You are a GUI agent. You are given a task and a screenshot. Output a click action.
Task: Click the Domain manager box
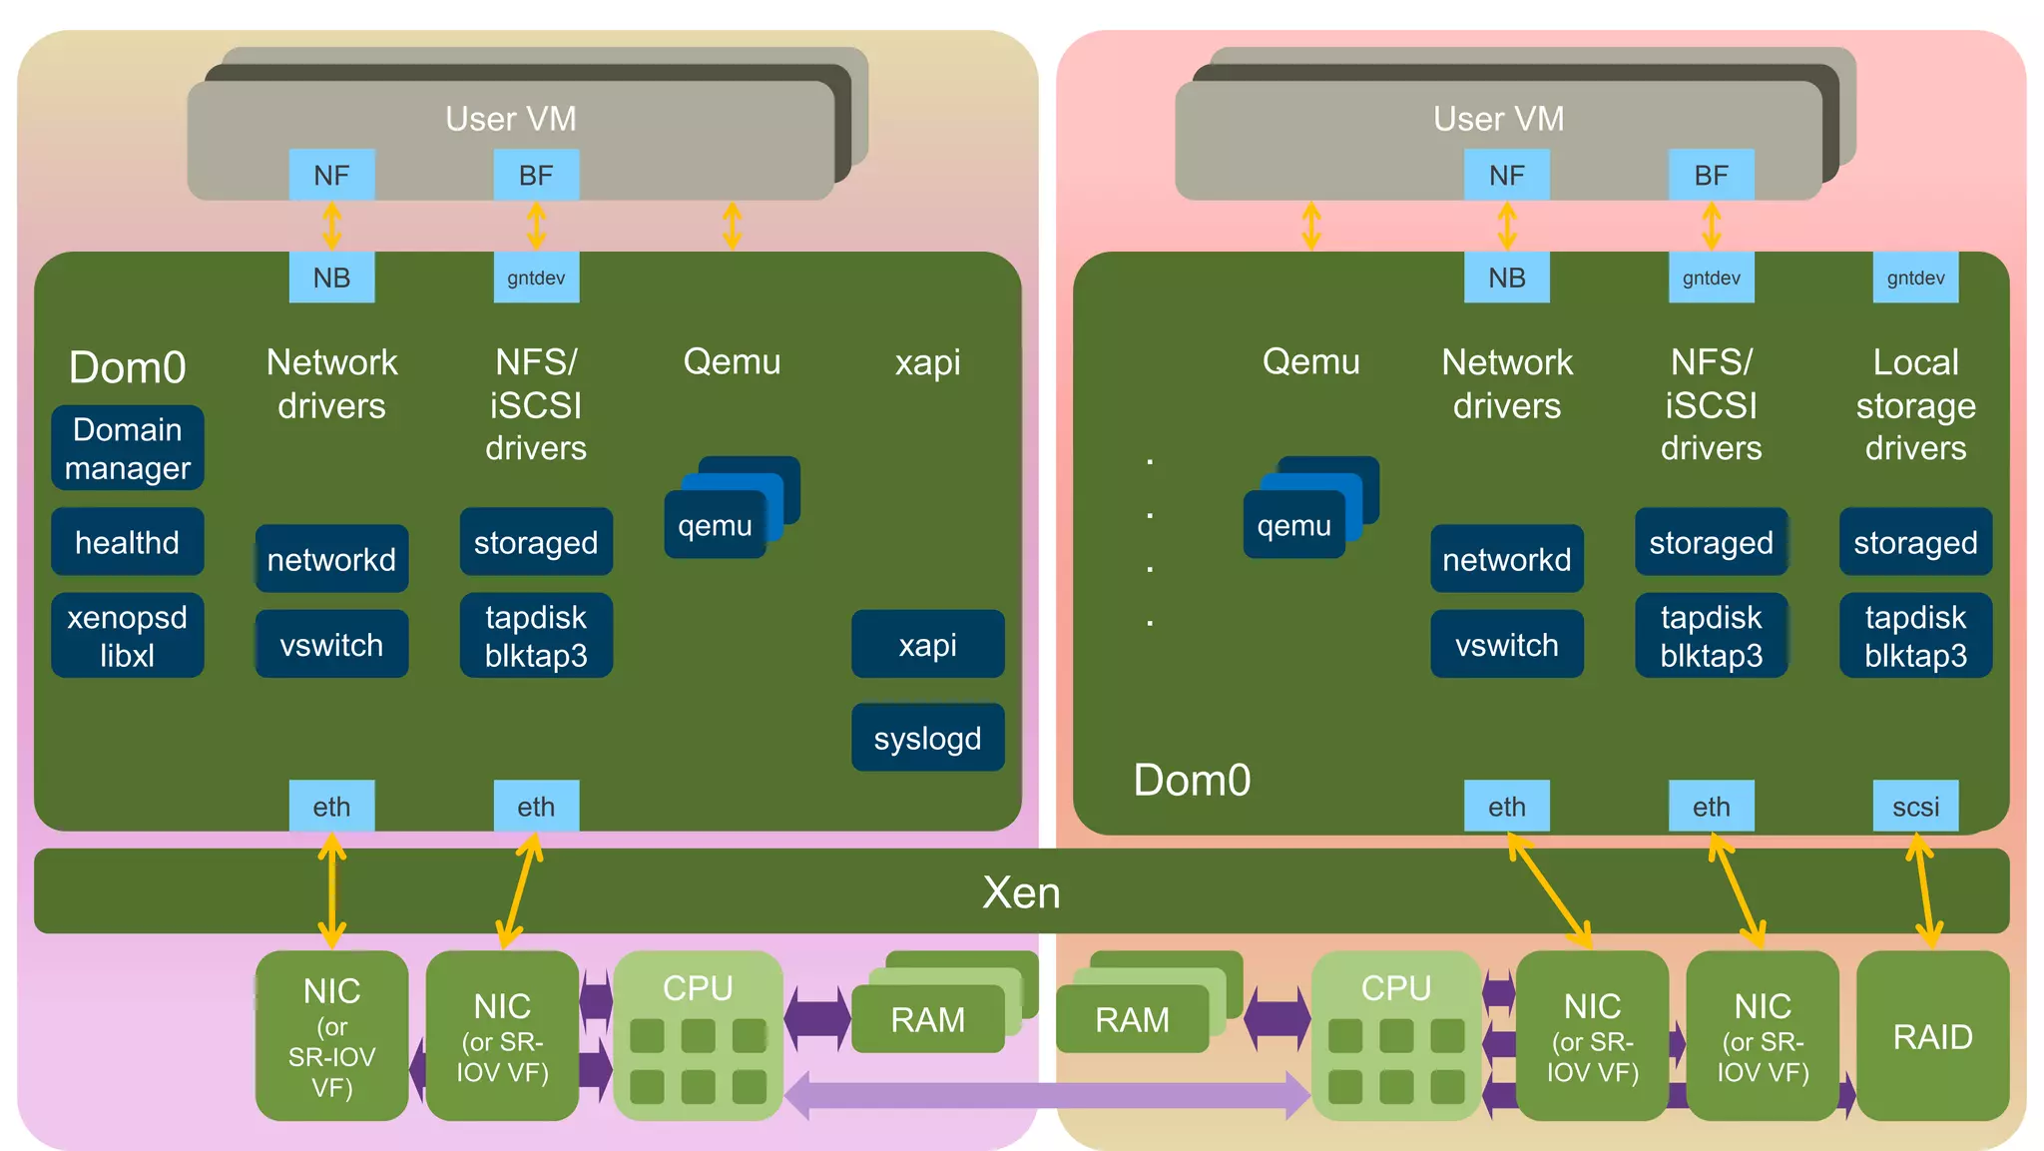[x=128, y=448]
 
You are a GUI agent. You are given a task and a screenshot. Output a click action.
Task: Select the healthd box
[x=128, y=542]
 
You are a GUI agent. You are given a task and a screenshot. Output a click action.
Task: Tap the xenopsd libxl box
[x=128, y=636]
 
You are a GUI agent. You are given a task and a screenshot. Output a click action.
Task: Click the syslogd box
[x=927, y=738]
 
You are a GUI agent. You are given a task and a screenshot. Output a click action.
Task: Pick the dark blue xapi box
[x=927, y=644]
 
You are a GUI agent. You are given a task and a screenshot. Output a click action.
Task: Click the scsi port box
[x=1915, y=806]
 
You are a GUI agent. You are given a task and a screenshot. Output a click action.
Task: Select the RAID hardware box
[x=1932, y=1036]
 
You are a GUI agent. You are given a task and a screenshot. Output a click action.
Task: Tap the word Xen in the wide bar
[x=1021, y=891]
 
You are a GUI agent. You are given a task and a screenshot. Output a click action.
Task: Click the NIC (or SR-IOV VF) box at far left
[x=331, y=1036]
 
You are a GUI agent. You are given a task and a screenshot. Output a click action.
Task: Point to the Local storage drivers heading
[x=1915, y=404]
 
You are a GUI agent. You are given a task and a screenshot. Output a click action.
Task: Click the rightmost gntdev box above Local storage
[x=1915, y=278]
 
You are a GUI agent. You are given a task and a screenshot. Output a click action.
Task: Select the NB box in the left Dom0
[x=331, y=278]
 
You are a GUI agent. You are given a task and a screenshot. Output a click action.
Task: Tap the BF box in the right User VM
[x=1711, y=176]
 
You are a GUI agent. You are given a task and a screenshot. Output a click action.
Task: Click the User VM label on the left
[x=510, y=119]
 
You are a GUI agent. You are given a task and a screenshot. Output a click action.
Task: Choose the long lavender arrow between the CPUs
[x=1046, y=1095]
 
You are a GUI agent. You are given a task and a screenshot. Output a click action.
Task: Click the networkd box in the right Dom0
[x=1506, y=559]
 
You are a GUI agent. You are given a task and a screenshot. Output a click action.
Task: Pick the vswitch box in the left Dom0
[x=331, y=644]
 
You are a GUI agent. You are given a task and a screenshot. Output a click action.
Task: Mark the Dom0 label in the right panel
[x=1192, y=780]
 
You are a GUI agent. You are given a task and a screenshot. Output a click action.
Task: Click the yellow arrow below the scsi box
[x=1924, y=890]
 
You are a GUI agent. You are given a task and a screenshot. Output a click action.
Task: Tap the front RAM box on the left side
[x=927, y=1019]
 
